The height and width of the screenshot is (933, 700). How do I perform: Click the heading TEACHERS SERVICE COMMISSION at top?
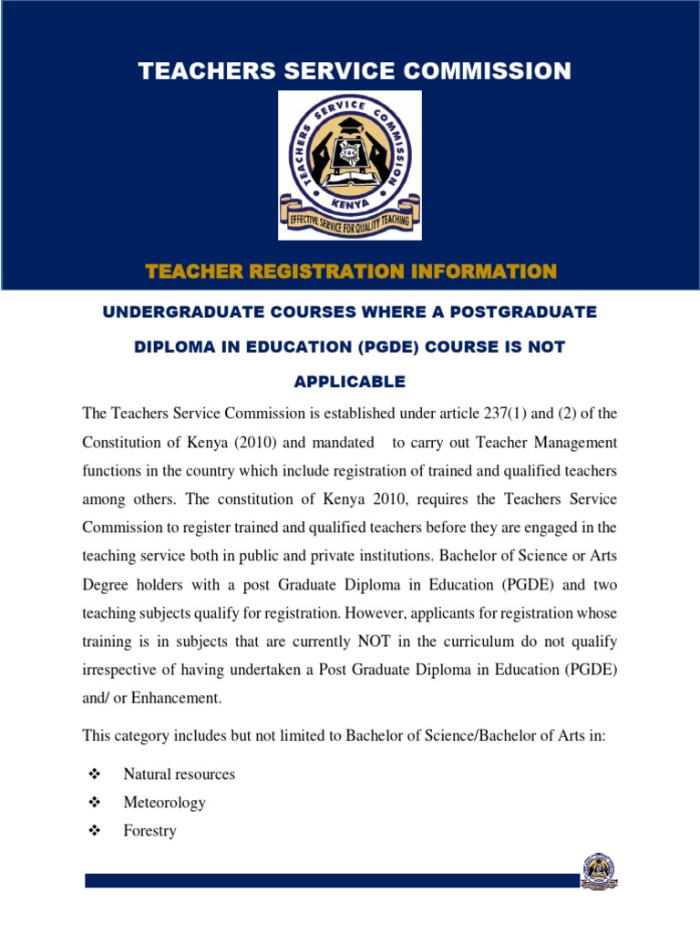355,71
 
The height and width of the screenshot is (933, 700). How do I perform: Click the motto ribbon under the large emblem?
349,221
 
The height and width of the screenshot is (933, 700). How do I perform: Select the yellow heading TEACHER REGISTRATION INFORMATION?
351,271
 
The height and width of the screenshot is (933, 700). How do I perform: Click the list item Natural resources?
179,774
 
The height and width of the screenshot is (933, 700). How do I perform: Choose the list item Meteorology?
164,803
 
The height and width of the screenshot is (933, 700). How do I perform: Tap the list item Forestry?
149,832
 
